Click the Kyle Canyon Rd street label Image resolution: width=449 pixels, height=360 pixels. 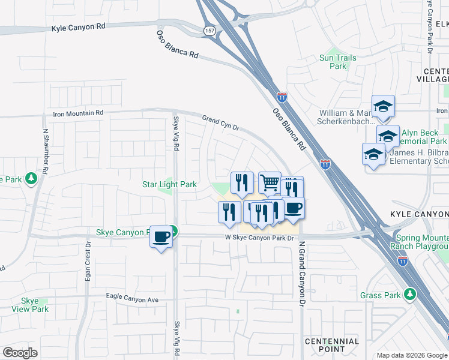(x=79, y=28)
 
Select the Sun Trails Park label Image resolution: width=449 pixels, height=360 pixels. (x=338, y=62)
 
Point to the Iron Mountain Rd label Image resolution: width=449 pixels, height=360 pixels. (x=78, y=113)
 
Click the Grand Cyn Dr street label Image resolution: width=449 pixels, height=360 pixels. (x=220, y=123)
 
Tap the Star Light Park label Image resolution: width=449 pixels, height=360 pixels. (x=169, y=184)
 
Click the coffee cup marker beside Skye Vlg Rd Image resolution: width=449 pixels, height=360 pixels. (x=161, y=236)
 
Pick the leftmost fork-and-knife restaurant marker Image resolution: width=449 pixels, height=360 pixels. (x=229, y=211)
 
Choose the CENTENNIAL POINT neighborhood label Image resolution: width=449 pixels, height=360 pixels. (x=332, y=345)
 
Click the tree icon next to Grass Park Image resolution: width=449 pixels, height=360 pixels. (x=410, y=294)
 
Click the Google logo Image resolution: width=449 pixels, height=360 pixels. (x=20, y=352)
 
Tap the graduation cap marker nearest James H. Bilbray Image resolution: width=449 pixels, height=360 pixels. (x=373, y=155)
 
